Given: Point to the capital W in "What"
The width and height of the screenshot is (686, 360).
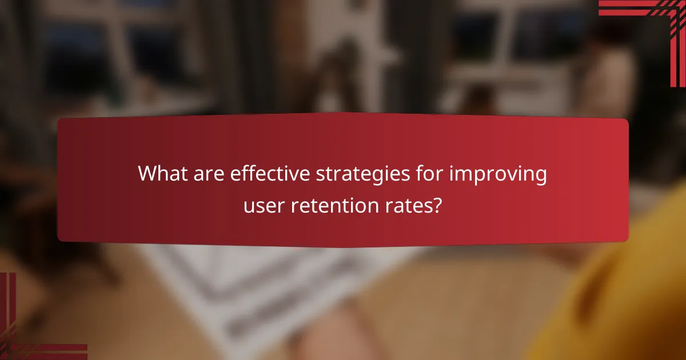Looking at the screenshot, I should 148,174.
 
